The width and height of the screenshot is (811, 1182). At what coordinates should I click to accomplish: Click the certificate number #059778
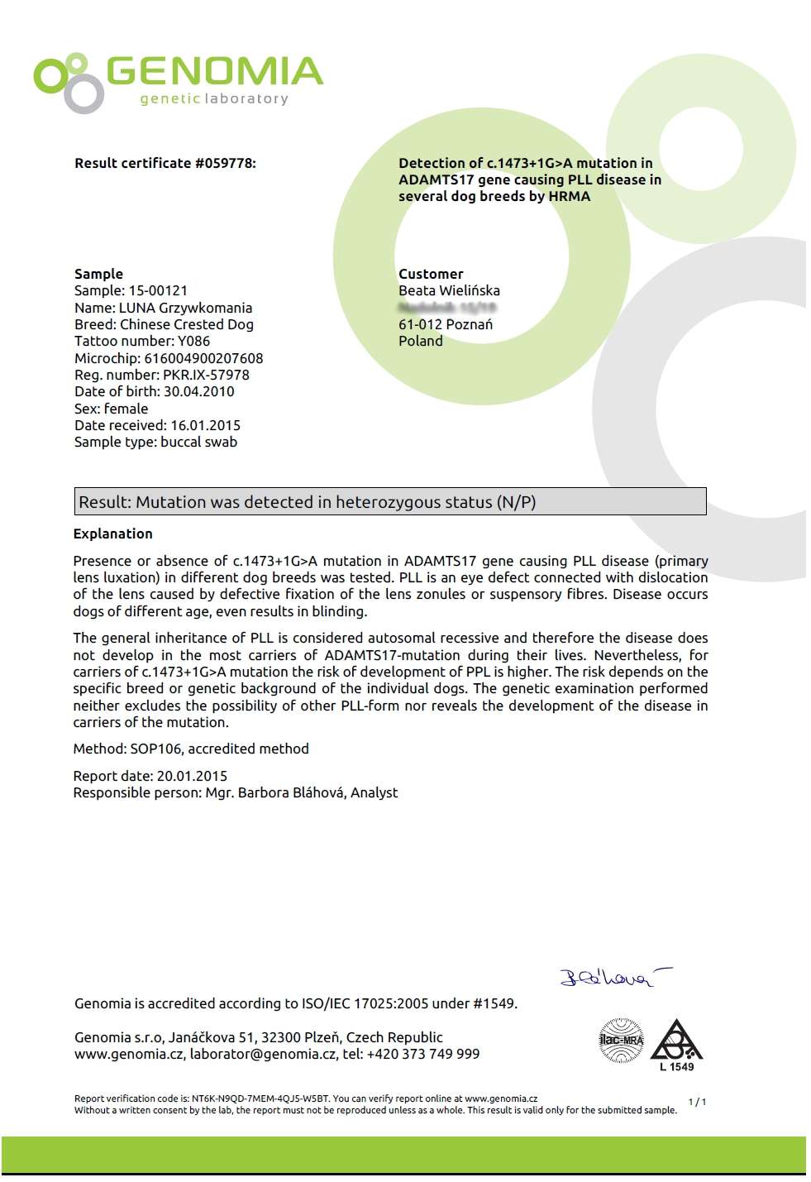point(225,163)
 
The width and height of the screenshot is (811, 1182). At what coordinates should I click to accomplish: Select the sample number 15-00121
point(158,290)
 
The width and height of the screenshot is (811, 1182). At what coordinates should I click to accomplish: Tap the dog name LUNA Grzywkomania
point(185,308)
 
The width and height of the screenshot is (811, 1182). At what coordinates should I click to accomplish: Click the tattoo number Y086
point(193,341)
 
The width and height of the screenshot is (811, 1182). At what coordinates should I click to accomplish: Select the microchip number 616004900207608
point(203,358)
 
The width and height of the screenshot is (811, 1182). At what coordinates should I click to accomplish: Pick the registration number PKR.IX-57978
point(206,375)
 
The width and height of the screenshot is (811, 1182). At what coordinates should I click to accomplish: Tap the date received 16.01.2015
point(205,425)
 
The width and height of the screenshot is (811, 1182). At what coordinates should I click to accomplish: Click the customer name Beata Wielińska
point(449,290)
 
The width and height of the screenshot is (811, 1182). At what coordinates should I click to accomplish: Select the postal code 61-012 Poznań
point(446,324)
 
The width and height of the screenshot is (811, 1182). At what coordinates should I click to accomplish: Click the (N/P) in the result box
point(517,502)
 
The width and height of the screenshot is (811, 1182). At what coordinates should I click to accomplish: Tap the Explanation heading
point(112,534)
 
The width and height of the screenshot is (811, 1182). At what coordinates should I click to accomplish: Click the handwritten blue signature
point(613,978)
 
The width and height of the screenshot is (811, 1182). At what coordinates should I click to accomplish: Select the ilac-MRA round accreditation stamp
point(621,1040)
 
